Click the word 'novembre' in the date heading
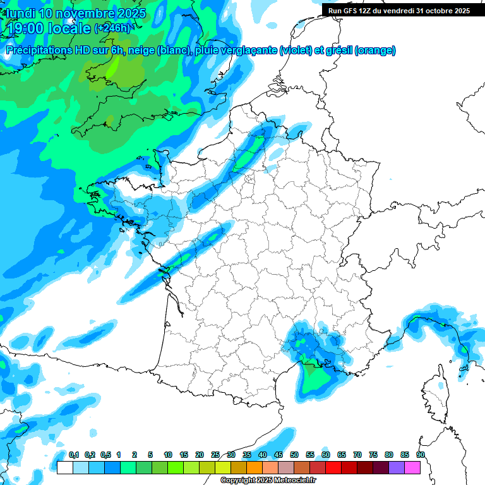86,13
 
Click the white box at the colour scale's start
64,468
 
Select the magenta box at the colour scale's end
412,468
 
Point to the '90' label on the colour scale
420,455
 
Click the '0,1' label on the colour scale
74,455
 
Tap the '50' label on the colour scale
294,455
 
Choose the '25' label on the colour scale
215,455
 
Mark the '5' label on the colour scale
150,455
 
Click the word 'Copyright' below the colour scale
237,481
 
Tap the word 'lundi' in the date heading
20,13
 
